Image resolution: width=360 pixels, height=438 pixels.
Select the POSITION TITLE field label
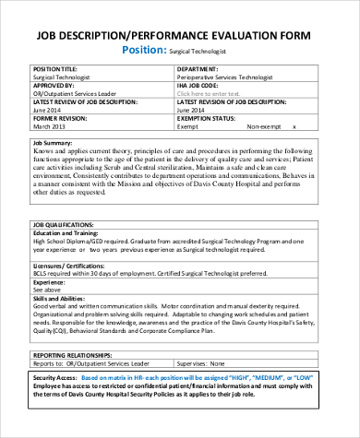tap(57, 69)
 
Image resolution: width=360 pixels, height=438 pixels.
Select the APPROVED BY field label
tap(52, 86)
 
